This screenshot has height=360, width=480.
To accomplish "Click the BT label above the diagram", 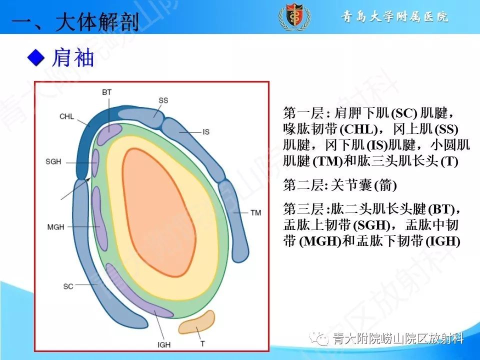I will (x=106, y=92).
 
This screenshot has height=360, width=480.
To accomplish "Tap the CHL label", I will (x=66, y=116).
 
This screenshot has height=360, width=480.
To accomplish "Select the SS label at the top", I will (x=163, y=100).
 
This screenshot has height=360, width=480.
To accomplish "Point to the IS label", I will (x=205, y=132).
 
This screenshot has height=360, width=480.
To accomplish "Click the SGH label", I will (x=53, y=162).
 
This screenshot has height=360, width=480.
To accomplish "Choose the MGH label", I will (x=55, y=227).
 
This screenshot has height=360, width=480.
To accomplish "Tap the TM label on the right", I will (x=255, y=213).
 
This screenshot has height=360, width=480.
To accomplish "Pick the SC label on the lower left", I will (x=68, y=286).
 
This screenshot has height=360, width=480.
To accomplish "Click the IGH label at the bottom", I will (x=164, y=345).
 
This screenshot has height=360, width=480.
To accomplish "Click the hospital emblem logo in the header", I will (x=290, y=16).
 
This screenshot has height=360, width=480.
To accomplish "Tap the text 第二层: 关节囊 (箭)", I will (x=339, y=185).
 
